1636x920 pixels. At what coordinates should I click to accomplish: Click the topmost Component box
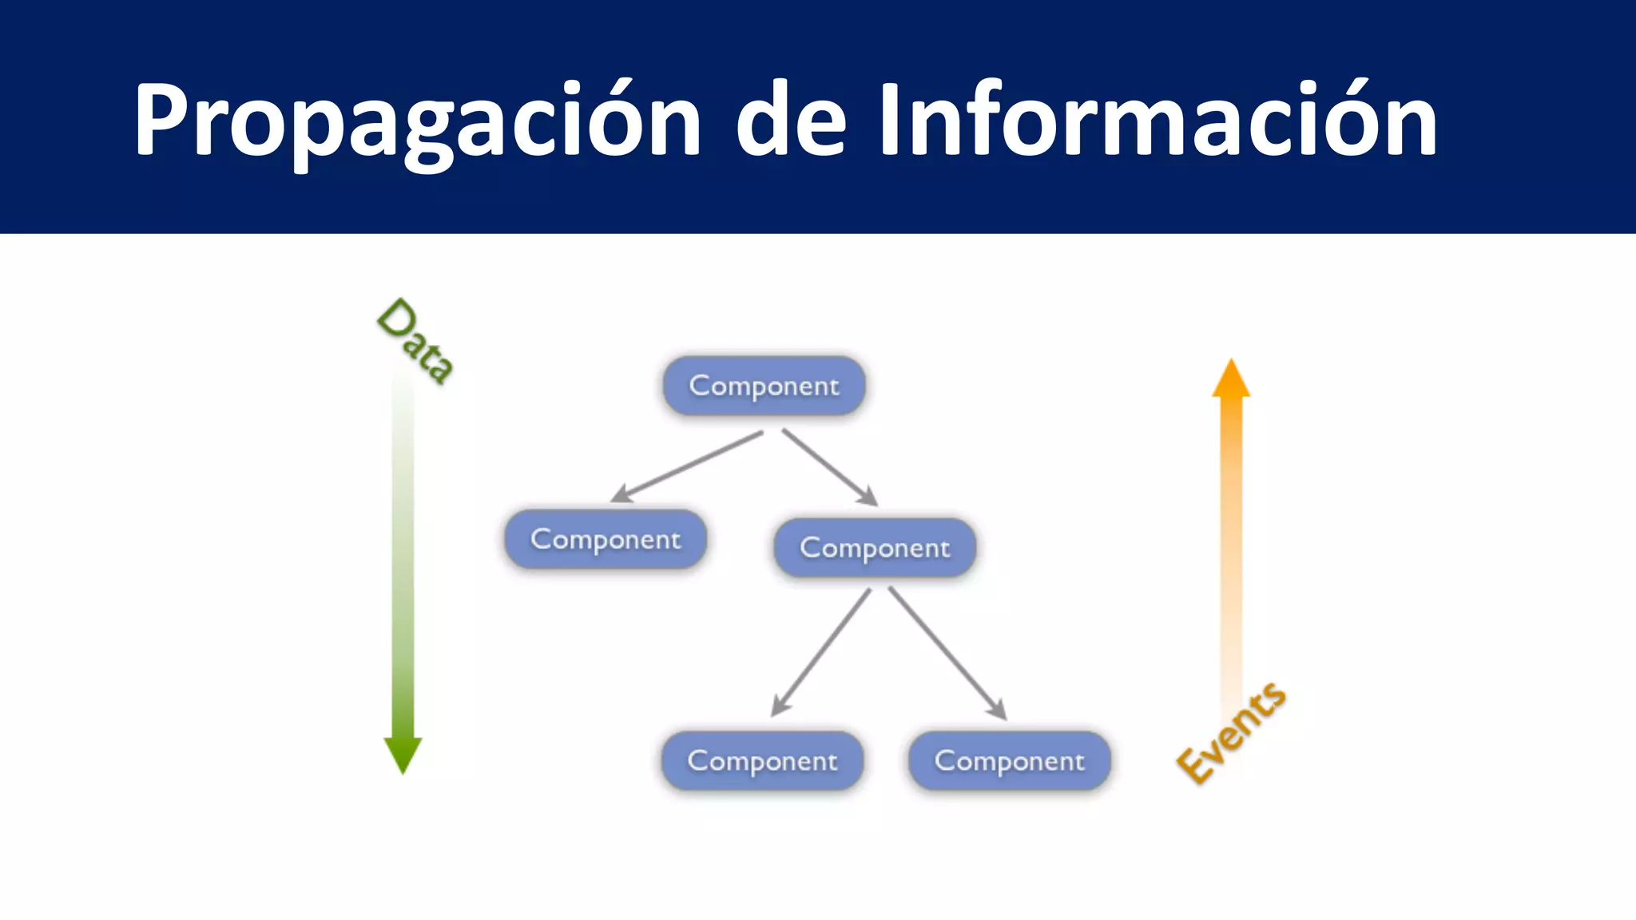[764, 386]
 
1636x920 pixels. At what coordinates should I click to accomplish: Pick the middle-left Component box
[606, 539]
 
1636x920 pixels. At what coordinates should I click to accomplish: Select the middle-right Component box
[875, 548]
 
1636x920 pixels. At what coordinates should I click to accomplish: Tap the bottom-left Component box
[762, 760]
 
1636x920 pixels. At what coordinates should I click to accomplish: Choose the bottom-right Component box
[1009, 760]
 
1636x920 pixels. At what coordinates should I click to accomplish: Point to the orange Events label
[1231, 733]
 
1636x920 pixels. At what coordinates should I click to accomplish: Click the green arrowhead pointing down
[403, 754]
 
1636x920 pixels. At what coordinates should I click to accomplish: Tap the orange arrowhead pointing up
[1231, 379]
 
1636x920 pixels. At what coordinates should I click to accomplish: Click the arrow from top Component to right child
[829, 467]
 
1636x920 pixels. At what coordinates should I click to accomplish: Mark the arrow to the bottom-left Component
[821, 652]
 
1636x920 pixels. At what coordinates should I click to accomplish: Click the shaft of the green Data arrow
[403, 559]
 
